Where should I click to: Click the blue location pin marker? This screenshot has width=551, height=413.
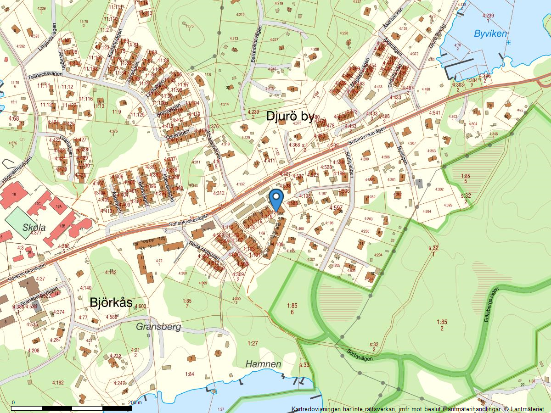[x=275, y=199]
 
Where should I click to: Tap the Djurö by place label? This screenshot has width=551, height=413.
[x=290, y=117]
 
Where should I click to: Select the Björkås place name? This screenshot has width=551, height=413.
[x=112, y=302]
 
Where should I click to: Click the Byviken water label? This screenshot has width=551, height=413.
[x=490, y=33]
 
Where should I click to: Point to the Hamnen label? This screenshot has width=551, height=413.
[x=263, y=364]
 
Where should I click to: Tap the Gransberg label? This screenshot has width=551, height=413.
[x=158, y=327]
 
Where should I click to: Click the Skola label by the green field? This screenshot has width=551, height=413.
[x=34, y=228]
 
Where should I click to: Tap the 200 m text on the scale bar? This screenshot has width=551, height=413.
[x=135, y=402]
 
